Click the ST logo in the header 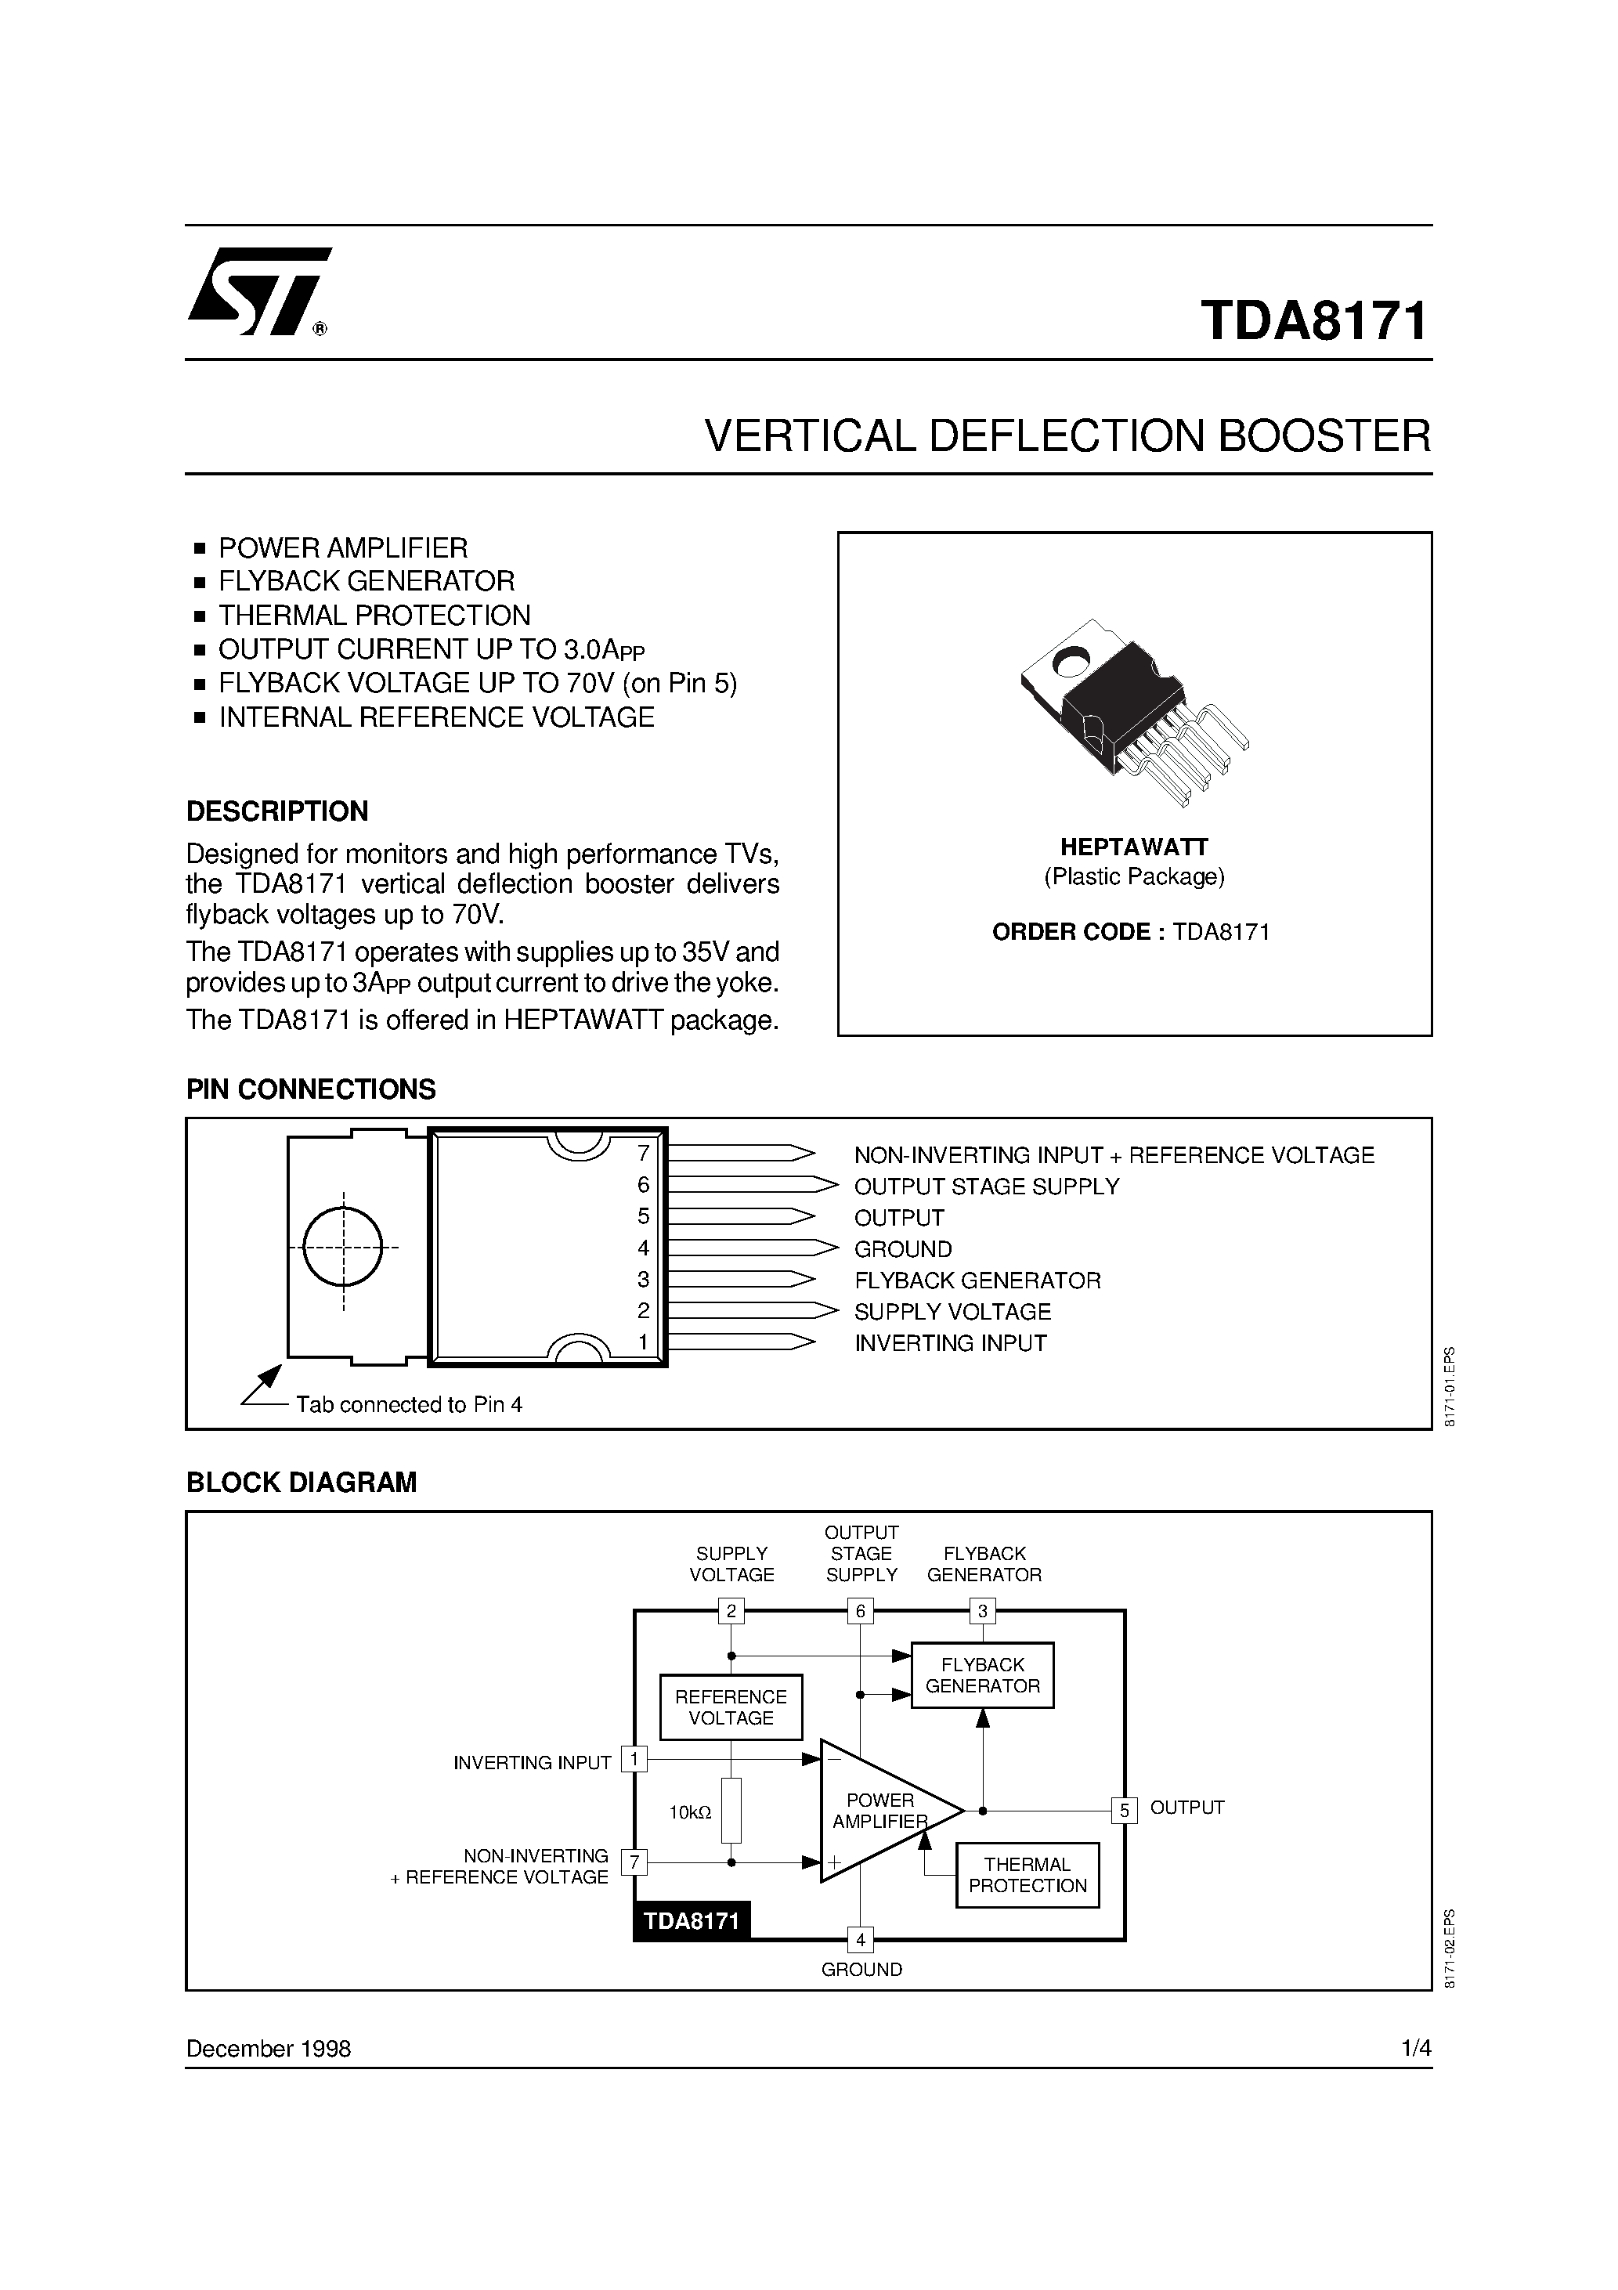258,291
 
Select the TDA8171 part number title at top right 1314,321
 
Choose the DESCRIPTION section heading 277,811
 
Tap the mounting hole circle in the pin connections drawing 342,1247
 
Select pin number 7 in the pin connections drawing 644,1154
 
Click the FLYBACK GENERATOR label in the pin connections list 977,1280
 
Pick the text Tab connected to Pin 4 409,1404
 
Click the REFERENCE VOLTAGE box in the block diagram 731,1707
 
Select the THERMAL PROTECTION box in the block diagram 1027,1875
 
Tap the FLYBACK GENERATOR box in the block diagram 983,1674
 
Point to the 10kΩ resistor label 690,1812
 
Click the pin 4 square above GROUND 860,1940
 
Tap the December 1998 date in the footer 269,2049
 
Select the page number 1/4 1415,2049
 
